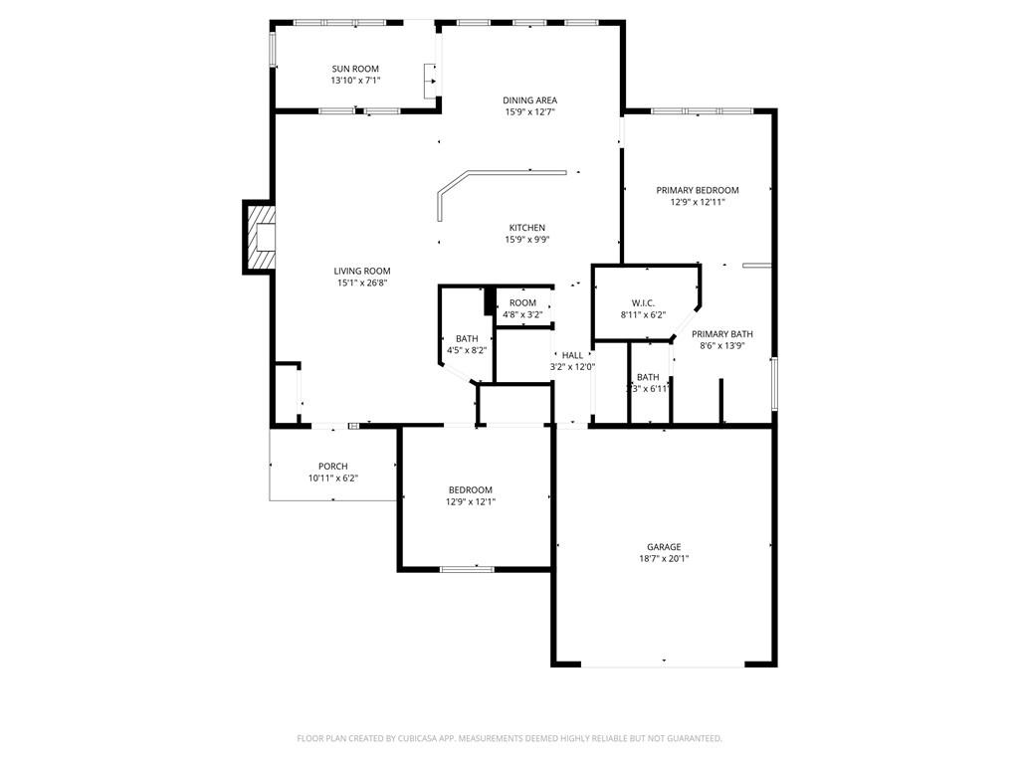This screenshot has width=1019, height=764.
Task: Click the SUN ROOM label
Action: tap(355, 69)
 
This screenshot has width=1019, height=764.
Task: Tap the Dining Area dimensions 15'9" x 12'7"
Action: tap(529, 112)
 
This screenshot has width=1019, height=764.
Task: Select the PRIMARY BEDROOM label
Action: tap(697, 190)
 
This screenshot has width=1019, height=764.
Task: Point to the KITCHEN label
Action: tap(527, 228)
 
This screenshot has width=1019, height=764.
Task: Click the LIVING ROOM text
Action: tap(361, 271)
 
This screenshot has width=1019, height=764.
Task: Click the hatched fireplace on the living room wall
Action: tap(260, 237)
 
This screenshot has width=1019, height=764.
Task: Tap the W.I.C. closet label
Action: tap(642, 302)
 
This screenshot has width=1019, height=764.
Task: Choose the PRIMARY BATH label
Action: tap(722, 334)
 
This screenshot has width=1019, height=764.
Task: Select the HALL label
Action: tap(572, 355)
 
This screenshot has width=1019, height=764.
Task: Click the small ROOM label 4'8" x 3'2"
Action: tap(522, 302)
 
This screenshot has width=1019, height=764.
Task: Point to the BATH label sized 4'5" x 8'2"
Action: tap(467, 338)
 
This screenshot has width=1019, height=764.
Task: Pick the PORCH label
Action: tap(332, 467)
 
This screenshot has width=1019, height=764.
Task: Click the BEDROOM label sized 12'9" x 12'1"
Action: tap(470, 489)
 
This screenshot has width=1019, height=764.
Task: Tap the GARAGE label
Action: tap(664, 546)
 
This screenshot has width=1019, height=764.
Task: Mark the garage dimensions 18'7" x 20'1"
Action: tap(664, 559)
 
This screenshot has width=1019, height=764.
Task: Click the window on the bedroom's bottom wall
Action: tap(467, 569)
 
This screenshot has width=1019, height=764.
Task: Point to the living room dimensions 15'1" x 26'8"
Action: tap(361, 283)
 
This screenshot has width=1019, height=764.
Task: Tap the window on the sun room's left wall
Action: tap(273, 49)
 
